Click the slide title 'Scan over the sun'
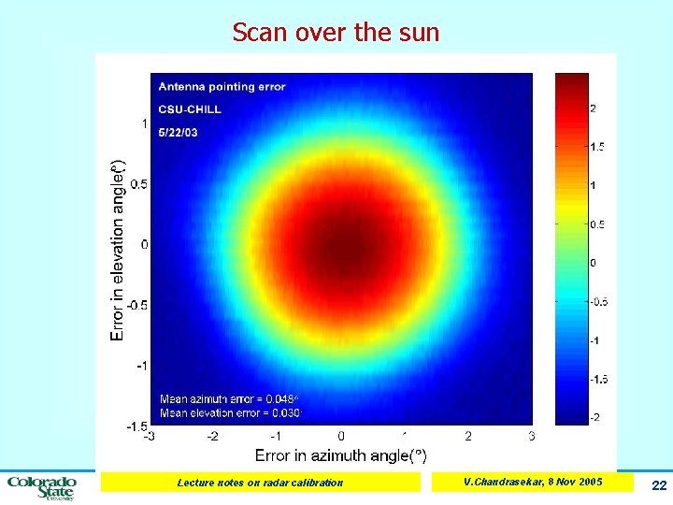point(336,33)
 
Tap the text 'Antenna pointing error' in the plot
point(222,87)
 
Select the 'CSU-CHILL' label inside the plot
point(190,109)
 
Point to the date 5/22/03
point(178,133)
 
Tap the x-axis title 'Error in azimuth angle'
point(340,455)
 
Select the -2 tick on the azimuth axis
point(212,436)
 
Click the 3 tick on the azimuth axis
point(532,436)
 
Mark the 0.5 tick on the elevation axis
point(137,184)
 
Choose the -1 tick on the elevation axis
point(139,366)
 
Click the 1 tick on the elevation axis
point(143,123)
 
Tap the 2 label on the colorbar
point(594,108)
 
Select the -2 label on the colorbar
point(595,416)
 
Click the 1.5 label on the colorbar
point(597,147)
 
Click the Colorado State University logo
point(42,487)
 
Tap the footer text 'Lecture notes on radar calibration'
point(261,483)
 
